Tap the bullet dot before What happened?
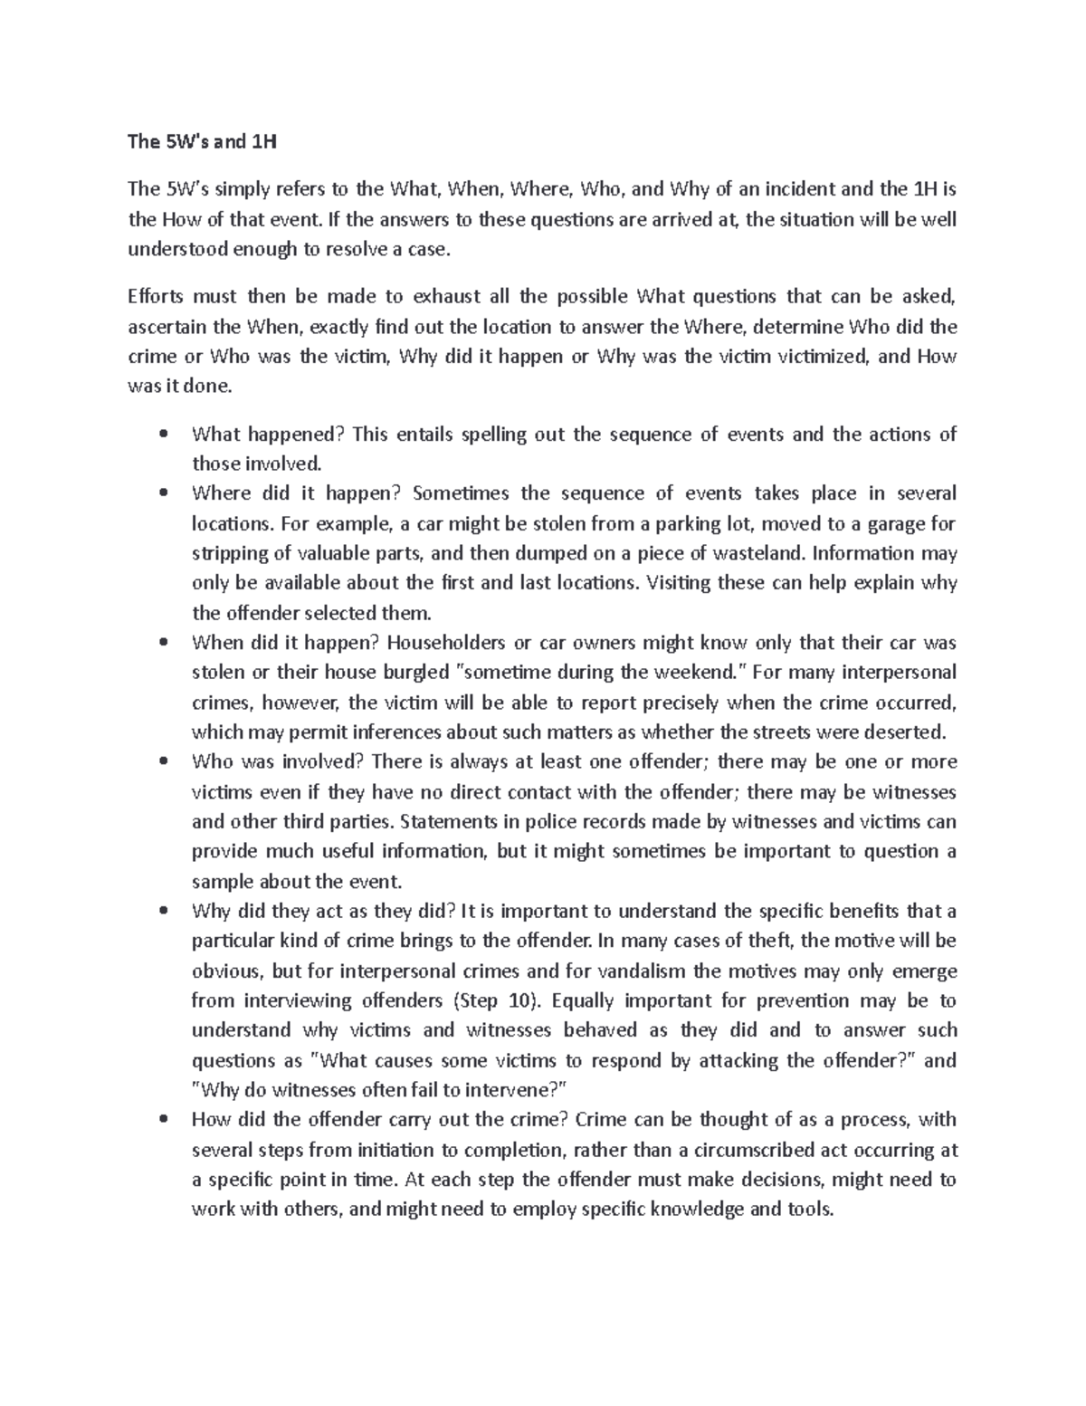click(163, 435)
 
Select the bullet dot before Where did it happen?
click(163, 494)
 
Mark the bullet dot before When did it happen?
click(163, 644)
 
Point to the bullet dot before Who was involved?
click(163, 762)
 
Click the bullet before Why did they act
click(163, 912)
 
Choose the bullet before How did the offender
click(163, 1120)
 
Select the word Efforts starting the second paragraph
click(156, 297)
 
